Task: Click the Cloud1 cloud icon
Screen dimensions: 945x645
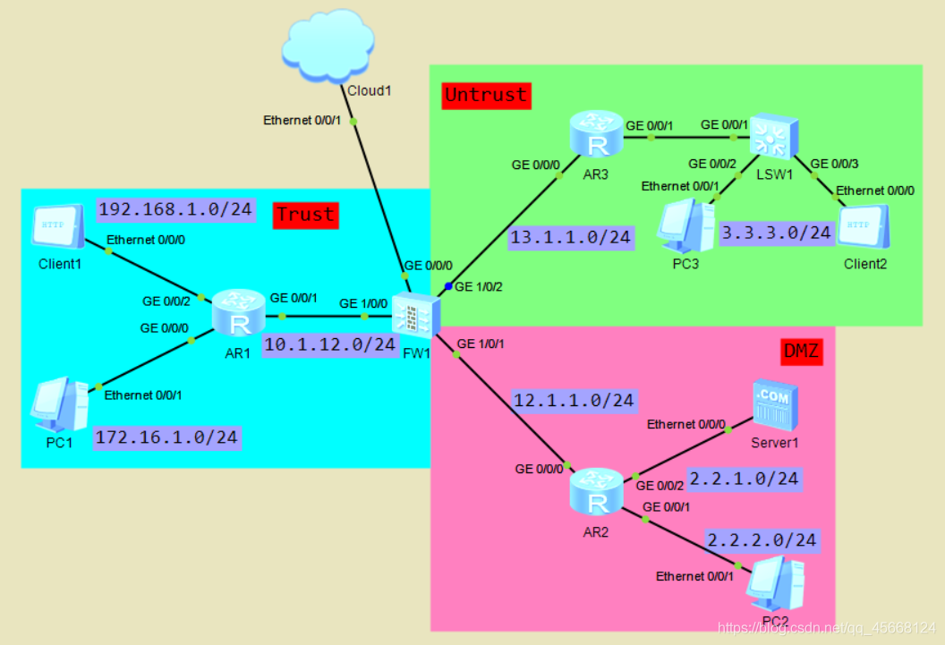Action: click(328, 46)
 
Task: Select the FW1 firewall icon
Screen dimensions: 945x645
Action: click(416, 315)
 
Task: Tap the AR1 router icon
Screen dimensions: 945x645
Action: click(239, 313)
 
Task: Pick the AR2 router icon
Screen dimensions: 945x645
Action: click(597, 491)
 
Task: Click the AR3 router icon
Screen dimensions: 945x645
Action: click(597, 133)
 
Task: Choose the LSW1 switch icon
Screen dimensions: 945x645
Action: click(774, 137)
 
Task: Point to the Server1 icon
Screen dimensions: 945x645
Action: click(775, 405)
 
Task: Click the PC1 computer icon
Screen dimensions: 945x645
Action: click(60, 404)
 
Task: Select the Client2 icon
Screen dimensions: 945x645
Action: click(864, 227)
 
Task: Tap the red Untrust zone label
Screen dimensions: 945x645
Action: click(486, 96)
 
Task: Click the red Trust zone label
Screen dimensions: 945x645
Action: click(305, 215)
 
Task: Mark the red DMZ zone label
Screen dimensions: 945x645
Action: click(801, 351)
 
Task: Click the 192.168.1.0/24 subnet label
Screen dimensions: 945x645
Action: click(175, 209)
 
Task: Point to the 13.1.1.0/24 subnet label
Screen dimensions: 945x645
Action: click(571, 238)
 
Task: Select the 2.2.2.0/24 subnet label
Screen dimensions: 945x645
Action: click(762, 540)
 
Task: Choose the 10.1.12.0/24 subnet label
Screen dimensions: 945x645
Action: click(330, 345)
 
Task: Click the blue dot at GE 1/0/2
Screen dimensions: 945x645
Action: click(447, 286)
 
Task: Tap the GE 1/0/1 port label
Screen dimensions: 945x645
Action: click(481, 344)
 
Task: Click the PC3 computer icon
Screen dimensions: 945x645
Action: click(686, 226)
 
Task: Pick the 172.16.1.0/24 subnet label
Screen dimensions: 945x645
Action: click(167, 437)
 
